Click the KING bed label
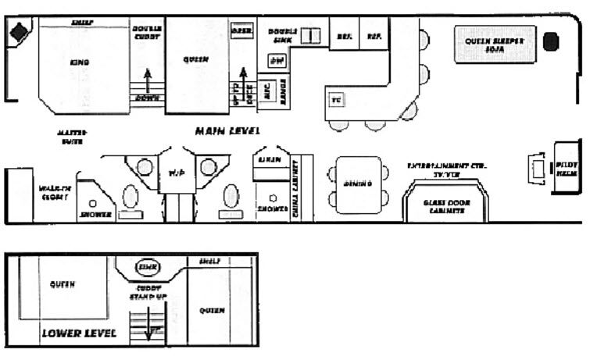pyautogui.click(x=79, y=62)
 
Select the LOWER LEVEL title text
pyautogui.click(x=79, y=333)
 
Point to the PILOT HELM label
pyautogui.click(x=566, y=170)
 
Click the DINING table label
pyautogui.click(x=357, y=184)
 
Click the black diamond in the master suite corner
pyautogui.click(x=20, y=34)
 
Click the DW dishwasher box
pyautogui.click(x=277, y=60)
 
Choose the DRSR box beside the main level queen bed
pyautogui.click(x=240, y=30)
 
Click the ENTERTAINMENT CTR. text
pyautogui.click(x=445, y=166)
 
